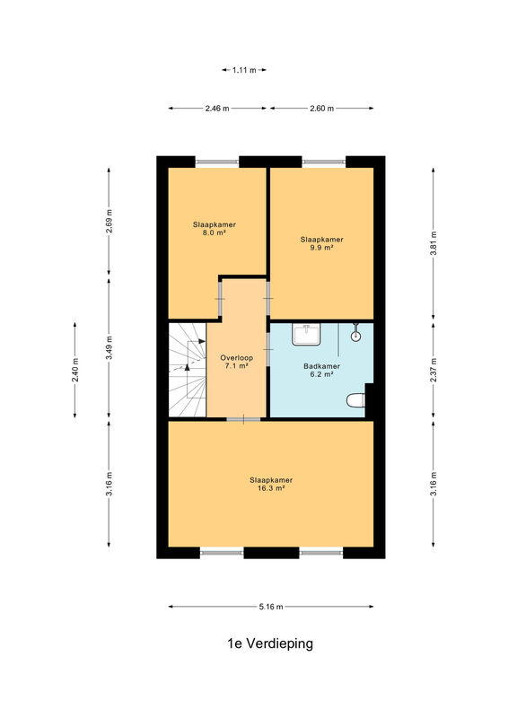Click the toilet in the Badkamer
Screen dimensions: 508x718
point(356,400)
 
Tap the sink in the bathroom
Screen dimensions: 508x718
point(306,334)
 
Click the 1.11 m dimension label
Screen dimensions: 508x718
point(244,70)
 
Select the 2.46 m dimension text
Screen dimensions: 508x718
point(217,109)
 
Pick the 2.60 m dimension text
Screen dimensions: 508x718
point(321,109)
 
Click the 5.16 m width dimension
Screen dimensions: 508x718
point(271,607)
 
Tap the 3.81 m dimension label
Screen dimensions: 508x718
point(434,243)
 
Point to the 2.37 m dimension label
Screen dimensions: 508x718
point(434,370)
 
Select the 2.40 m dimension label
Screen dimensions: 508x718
point(75,370)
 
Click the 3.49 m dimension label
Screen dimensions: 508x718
point(109,348)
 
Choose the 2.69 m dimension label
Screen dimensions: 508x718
point(109,221)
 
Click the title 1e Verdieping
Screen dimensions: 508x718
point(270,644)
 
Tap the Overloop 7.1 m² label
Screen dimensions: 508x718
point(236,362)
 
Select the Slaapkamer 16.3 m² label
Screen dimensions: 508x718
point(271,484)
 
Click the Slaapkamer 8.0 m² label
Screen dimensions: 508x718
point(215,229)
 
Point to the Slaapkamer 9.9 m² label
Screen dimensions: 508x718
point(321,243)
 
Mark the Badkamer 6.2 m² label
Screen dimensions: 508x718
point(321,370)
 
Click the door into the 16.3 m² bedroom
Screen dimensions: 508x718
point(244,419)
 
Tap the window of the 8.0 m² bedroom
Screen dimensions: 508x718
point(217,162)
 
